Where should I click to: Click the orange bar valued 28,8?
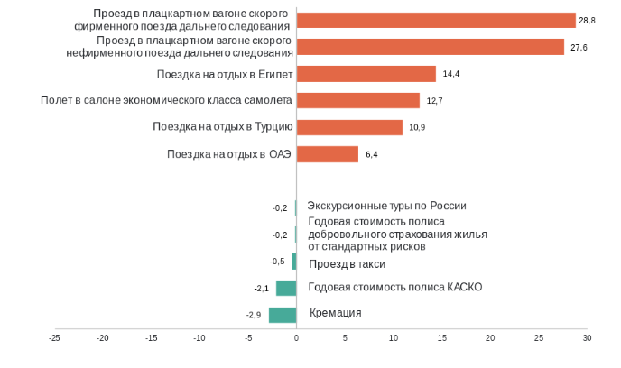[x=435, y=21]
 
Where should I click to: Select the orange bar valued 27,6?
[x=430, y=47]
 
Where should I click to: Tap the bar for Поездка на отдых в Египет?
[x=366, y=74]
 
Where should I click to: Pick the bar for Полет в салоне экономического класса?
[x=357, y=100]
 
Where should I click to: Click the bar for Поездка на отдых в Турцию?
[x=348, y=127]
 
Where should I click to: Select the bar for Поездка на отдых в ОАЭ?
[x=327, y=154]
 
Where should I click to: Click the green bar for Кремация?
[x=283, y=315]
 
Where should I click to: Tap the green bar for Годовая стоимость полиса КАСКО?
[x=286, y=288]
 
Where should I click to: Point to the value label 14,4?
[x=451, y=74]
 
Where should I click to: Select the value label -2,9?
[x=254, y=315]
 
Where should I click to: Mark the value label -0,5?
[x=277, y=262]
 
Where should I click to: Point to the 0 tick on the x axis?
[x=296, y=338]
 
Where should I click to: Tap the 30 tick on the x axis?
[x=587, y=338]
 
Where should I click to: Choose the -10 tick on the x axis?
[x=199, y=338]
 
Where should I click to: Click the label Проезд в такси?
[x=347, y=264]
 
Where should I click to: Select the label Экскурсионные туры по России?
[x=387, y=206]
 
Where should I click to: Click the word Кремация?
[x=336, y=313]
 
